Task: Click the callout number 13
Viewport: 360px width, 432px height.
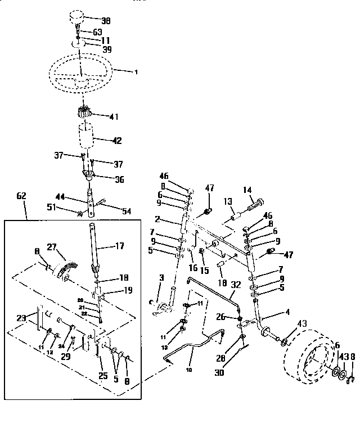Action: click(228, 202)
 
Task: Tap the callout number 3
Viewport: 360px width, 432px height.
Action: click(161, 277)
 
